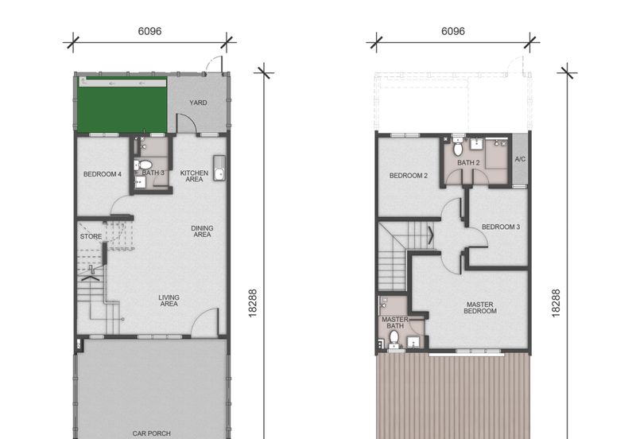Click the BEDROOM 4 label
pos(103,174)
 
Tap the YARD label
pos(198,103)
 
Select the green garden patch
pos(122,104)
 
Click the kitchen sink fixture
pos(219,168)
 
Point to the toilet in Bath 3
pos(143,165)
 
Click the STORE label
pos(91,236)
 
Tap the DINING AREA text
pos(202,231)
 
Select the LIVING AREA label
pos(169,301)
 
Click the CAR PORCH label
pos(151,433)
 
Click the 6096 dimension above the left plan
pos(149,31)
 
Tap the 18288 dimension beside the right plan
pos(556,303)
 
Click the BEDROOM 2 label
pos(409,176)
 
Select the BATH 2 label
pos(468,163)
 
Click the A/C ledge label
pos(520,159)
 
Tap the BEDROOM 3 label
pos(501,227)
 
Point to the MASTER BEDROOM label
pos(480,308)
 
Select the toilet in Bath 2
pos(458,147)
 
